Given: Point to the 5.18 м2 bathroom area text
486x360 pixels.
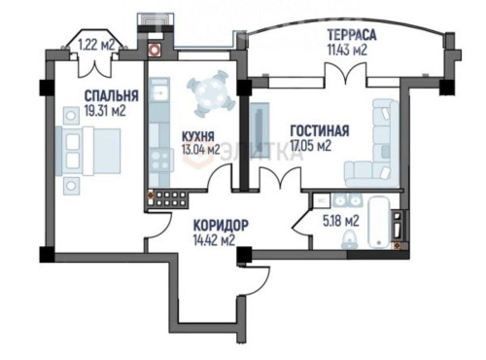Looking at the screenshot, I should click(x=341, y=221).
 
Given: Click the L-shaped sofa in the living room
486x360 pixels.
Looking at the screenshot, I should click(x=374, y=146).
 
